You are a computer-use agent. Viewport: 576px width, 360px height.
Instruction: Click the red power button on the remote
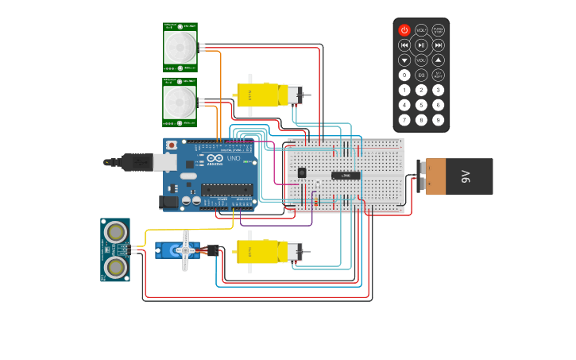pos(404,30)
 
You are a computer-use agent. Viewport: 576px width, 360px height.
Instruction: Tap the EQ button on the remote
pos(421,75)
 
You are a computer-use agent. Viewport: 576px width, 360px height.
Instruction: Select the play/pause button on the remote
pos(421,45)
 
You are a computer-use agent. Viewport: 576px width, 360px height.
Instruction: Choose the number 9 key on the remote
pos(438,120)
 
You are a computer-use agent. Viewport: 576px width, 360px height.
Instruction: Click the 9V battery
pos(458,176)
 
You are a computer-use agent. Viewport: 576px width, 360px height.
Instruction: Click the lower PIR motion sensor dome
pos(180,100)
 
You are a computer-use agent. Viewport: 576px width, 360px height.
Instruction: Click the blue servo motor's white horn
pos(186,251)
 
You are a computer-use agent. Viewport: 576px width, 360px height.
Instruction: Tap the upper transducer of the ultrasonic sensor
pos(116,232)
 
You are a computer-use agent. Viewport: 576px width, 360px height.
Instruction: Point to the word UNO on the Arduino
pos(234,158)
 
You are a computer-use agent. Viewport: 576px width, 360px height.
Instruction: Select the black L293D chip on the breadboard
pos(346,175)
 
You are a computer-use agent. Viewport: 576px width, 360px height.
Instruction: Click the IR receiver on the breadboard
pos(301,172)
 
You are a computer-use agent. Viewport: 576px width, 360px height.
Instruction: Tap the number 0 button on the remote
pos(404,75)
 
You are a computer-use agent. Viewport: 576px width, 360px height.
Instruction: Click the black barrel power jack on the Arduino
pos(168,203)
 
